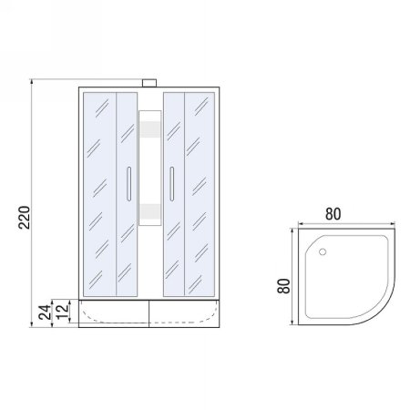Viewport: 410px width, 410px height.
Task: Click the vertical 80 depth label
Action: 283,284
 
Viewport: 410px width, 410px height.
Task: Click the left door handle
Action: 128,187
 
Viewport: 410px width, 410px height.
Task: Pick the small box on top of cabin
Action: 149,85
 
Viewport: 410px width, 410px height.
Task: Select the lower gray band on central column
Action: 149,211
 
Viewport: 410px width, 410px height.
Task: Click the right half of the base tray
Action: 187,313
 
